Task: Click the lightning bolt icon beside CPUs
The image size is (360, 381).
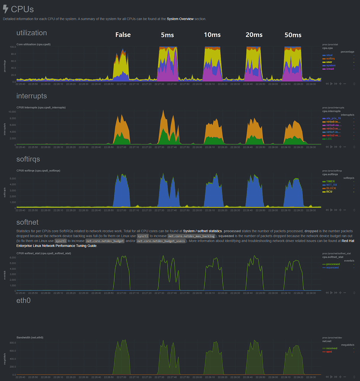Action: [5, 9]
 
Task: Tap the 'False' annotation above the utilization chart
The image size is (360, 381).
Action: [123, 35]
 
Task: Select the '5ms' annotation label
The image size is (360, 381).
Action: [167, 35]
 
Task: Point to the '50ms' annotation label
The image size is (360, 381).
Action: [293, 35]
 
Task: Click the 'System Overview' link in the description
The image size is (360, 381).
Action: [180, 19]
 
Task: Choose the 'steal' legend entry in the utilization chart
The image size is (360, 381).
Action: [329, 55]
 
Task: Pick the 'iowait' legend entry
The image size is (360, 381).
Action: [330, 69]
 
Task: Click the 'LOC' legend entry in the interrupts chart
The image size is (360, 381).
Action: [329, 139]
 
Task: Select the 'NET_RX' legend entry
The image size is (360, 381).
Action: [331, 185]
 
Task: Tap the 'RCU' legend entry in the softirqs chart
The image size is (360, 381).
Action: [329, 192]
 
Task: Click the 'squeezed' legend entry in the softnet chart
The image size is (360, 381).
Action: [332, 267]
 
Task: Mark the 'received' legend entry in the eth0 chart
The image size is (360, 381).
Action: [331, 348]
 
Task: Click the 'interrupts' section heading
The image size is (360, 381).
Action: [32, 96]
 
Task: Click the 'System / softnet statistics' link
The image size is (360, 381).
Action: [202, 231]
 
